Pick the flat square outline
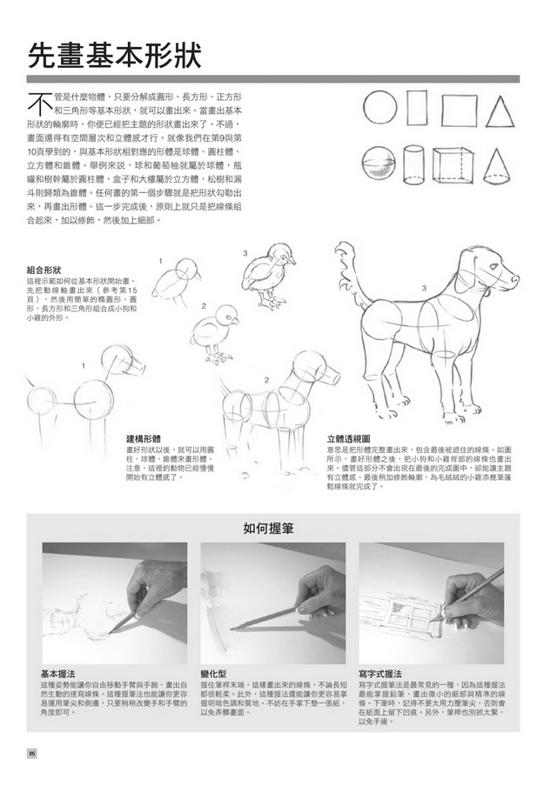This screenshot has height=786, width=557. (459, 110)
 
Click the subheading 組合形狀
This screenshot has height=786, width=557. (44, 270)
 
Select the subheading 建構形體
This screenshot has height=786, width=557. (143, 438)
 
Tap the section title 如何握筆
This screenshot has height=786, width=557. (266, 527)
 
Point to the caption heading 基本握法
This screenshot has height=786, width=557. (57, 674)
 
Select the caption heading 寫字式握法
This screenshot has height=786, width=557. (380, 674)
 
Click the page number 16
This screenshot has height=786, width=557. (31, 753)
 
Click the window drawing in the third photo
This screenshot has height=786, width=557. (399, 603)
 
